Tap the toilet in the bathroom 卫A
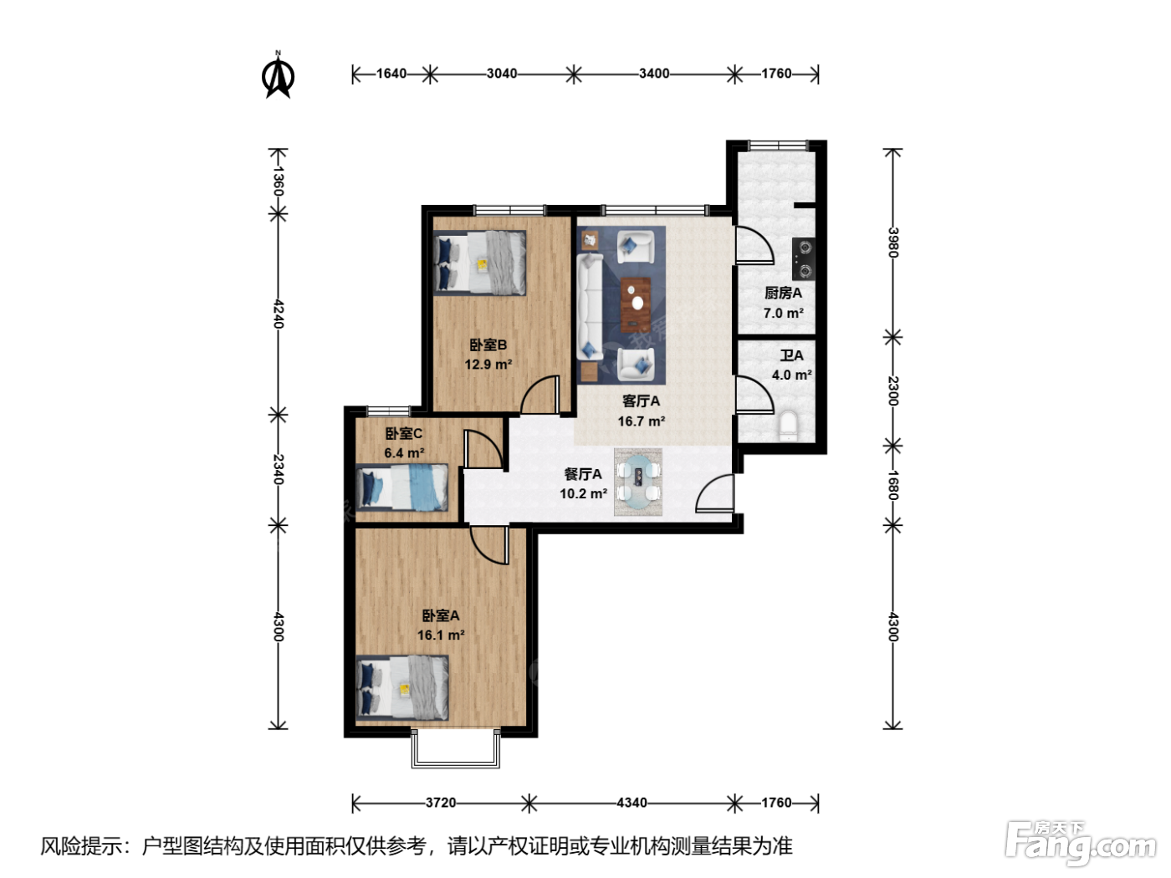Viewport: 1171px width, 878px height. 789,426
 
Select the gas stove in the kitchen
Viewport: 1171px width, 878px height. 803,259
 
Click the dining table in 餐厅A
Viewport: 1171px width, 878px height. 638,482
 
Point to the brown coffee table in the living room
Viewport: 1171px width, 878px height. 636,304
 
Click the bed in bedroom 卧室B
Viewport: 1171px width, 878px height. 479,263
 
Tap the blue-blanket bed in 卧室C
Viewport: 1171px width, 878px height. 402,487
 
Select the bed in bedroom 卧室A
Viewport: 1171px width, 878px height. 402,687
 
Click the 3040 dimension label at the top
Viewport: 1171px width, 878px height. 502,74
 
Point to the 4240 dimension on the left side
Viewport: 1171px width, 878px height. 279,314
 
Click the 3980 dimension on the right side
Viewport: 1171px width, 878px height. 893,242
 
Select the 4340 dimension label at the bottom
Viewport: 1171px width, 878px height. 632,802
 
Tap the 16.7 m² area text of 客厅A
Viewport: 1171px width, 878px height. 642,421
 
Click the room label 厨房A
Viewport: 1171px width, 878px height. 783,293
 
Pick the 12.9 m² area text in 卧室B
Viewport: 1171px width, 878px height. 488,365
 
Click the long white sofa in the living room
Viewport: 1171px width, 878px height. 590,307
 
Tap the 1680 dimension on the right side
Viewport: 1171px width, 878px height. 893,485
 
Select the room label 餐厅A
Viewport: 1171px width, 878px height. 582,474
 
